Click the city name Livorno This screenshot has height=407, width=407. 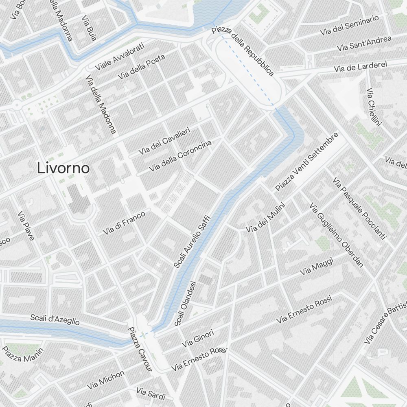click(63, 168)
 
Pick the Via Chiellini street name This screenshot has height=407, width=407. click(373, 107)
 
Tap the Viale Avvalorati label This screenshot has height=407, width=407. click(120, 56)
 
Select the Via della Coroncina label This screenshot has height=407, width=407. click(180, 156)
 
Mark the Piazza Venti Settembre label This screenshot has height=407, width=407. click(307, 162)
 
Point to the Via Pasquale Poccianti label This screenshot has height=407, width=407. click(359, 208)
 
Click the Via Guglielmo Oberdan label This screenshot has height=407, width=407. click(336, 235)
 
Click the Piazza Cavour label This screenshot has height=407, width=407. click(140, 350)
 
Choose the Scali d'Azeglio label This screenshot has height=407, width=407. click(55, 320)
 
